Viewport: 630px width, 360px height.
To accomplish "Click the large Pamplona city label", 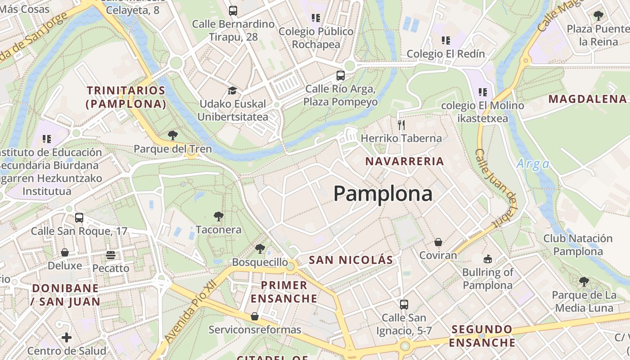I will [x=383, y=193].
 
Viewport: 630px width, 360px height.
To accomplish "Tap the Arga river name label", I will [x=533, y=164].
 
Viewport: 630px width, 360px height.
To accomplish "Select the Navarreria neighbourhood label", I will [x=405, y=161].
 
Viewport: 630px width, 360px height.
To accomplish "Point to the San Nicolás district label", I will [x=351, y=260].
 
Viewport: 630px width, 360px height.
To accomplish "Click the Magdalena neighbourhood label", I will [x=588, y=99].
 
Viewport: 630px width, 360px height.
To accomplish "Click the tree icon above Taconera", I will [x=219, y=216].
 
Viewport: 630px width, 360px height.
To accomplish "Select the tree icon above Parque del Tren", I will [x=172, y=135].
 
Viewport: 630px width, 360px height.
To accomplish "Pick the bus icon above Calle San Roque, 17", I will [x=79, y=218].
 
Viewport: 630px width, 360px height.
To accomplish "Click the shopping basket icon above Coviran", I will [x=438, y=242].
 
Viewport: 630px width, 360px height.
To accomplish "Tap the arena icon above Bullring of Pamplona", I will [x=488, y=259].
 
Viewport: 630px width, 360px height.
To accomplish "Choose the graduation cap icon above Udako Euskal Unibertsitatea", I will [x=232, y=90].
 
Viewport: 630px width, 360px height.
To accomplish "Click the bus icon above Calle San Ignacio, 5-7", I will [x=404, y=304].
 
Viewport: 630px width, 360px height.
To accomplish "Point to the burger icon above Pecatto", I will [x=111, y=255].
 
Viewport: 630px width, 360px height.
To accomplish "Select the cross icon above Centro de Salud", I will [x=67, y=337].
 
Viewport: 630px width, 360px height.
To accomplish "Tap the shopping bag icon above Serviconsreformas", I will [x=255, y=316].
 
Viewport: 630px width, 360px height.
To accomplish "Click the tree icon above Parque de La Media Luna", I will [x=584, y=282].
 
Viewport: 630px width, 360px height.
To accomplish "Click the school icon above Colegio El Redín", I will [x=446, y=40].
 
